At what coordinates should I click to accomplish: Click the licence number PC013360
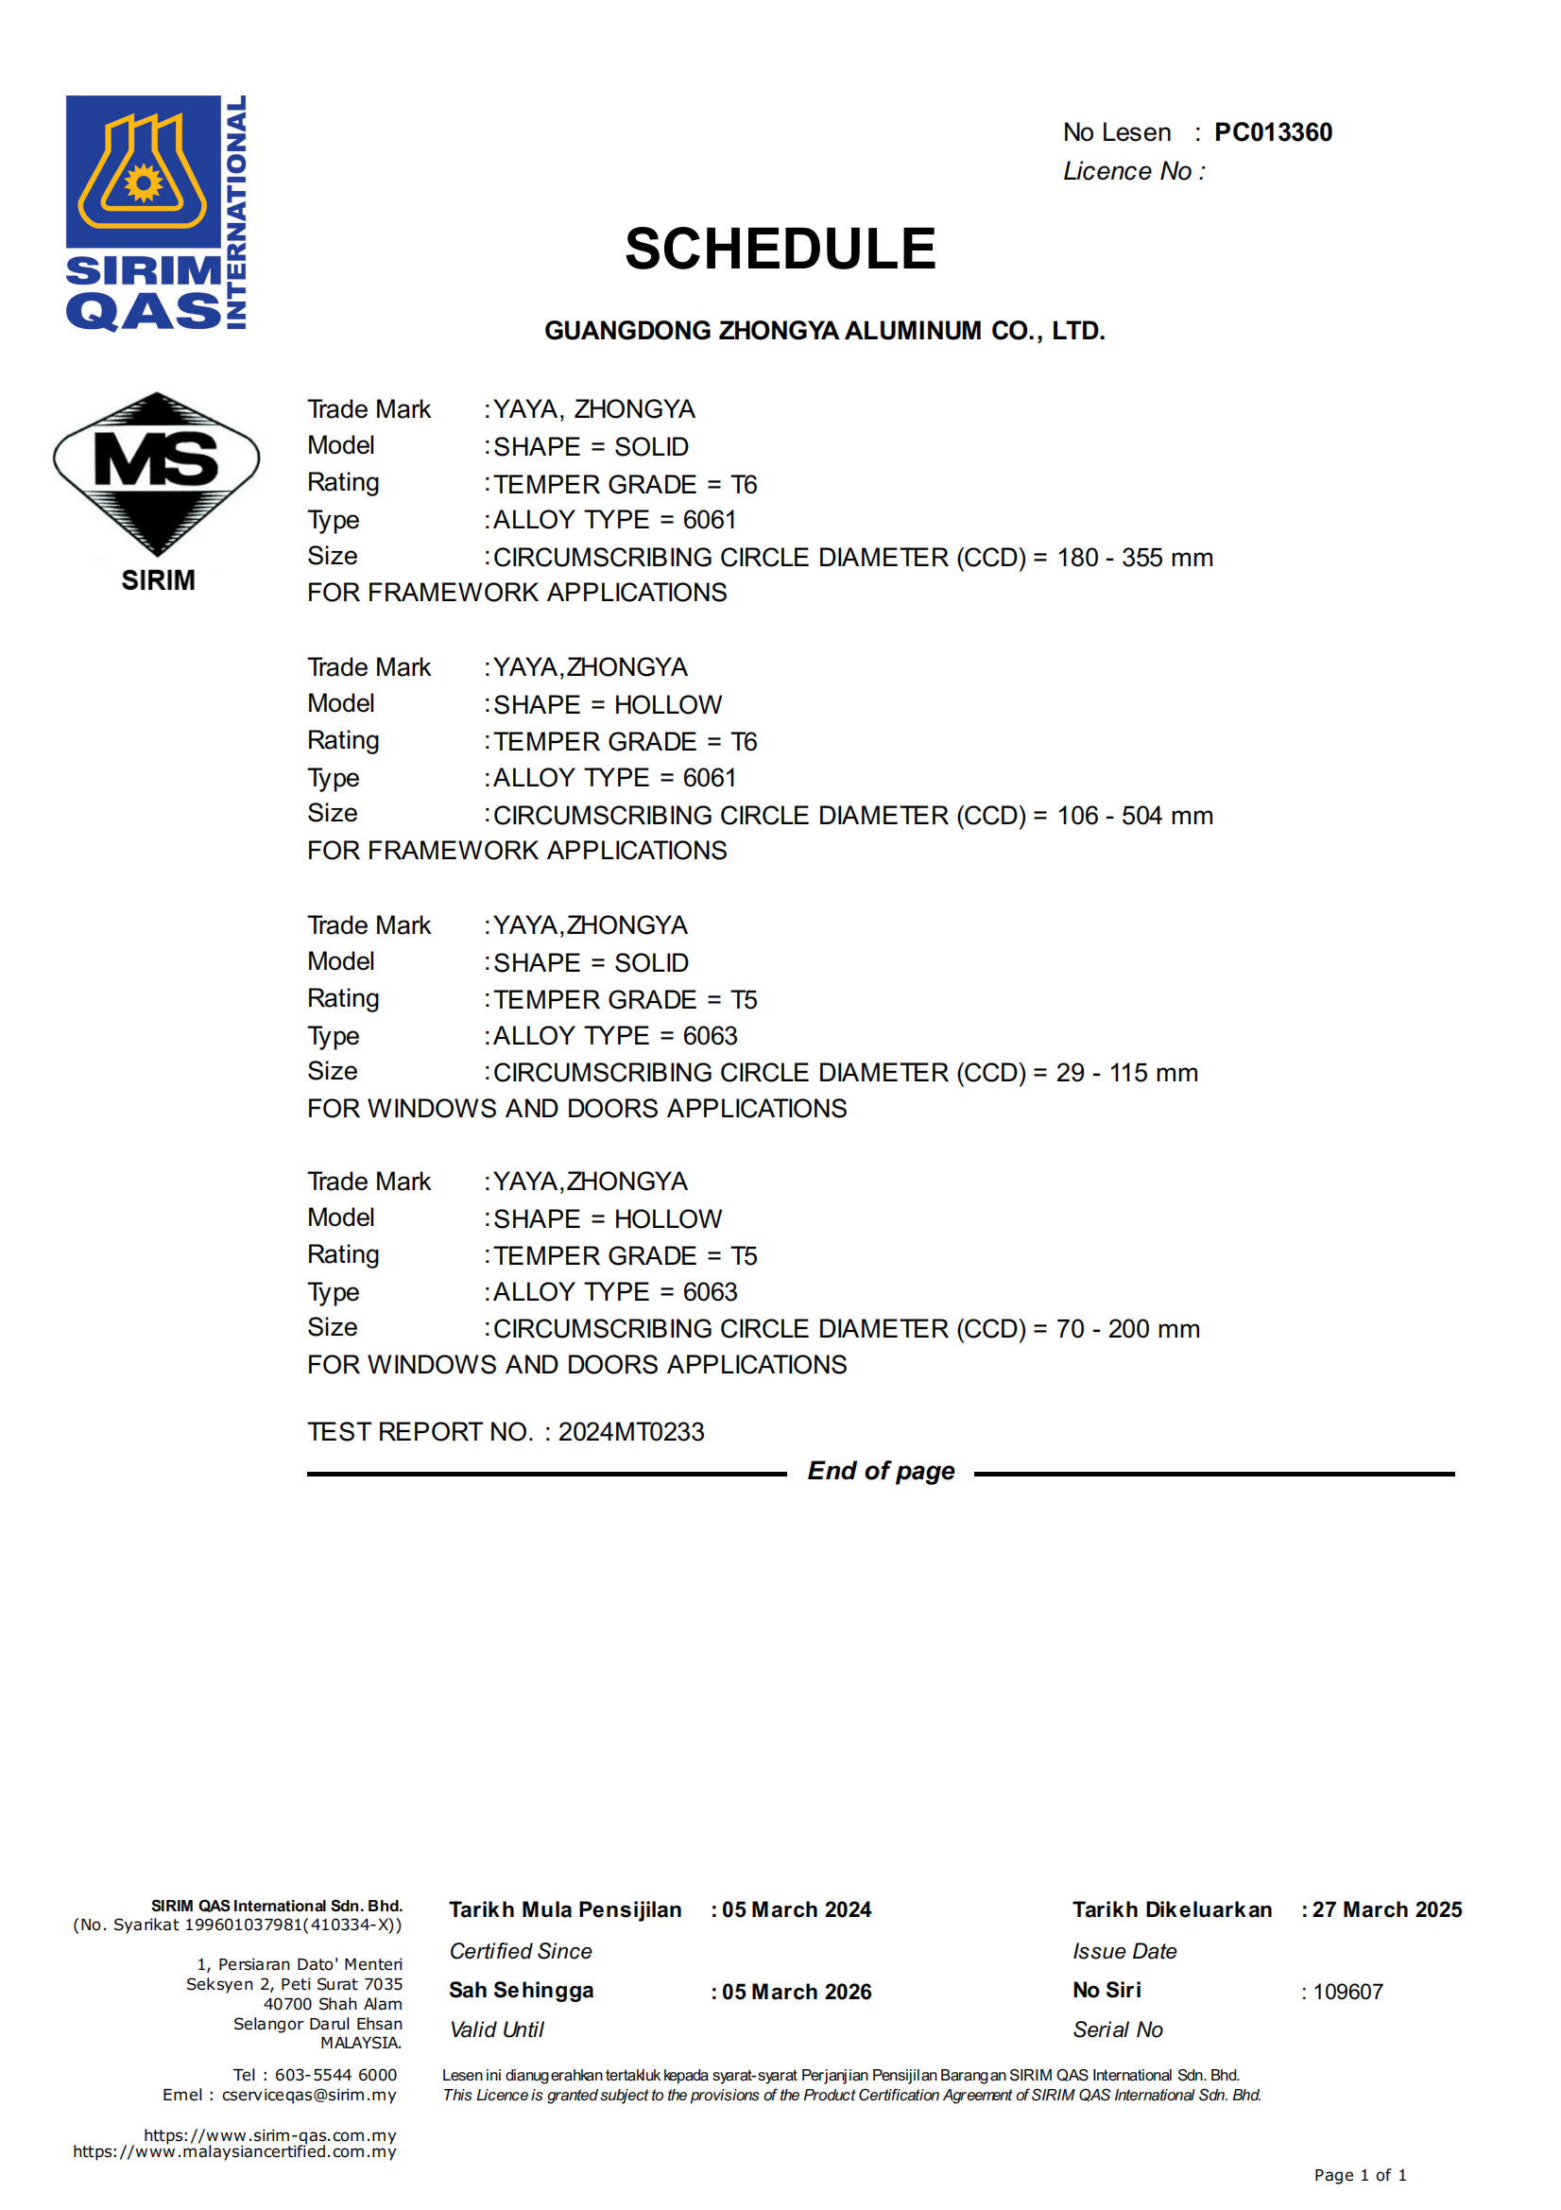point(1272,133)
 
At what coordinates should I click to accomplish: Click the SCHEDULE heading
point(780,250)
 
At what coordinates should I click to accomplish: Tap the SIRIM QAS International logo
point(156,213)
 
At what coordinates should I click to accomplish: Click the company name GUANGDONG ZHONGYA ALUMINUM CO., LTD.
point(824,331)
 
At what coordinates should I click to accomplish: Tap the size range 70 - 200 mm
point(1127,1329)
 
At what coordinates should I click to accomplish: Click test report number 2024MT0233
point(630,1432)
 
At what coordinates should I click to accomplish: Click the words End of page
point(881,1471)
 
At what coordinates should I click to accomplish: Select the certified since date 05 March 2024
point(796,1909)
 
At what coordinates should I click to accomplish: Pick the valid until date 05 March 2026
point(796,1992)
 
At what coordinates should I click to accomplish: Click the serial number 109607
point(1347,1992)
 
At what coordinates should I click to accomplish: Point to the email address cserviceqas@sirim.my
point(309,2095)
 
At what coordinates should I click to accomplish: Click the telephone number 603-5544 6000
point(334,2074)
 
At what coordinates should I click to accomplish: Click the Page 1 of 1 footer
point(1360,2175)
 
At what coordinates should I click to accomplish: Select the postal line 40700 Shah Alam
point(333,2004)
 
